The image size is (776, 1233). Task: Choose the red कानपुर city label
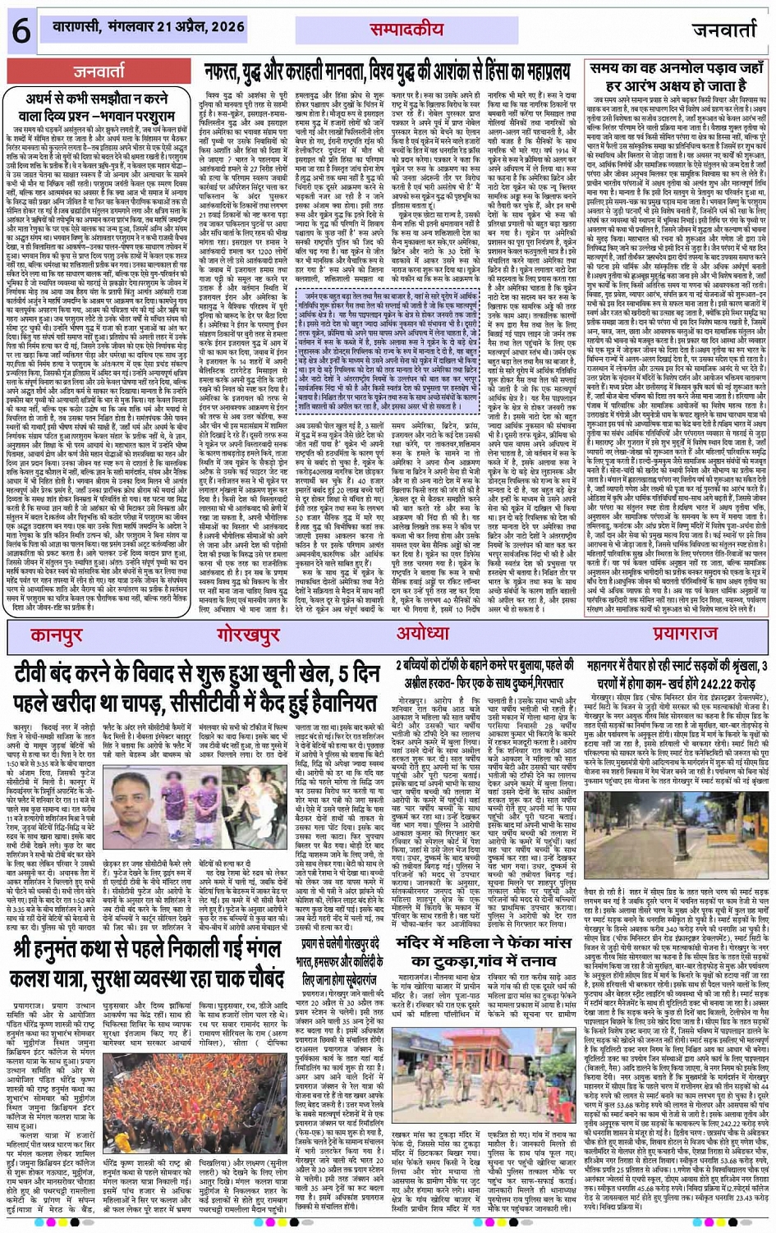pos(57,635)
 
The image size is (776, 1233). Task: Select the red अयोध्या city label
pos(422,634)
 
